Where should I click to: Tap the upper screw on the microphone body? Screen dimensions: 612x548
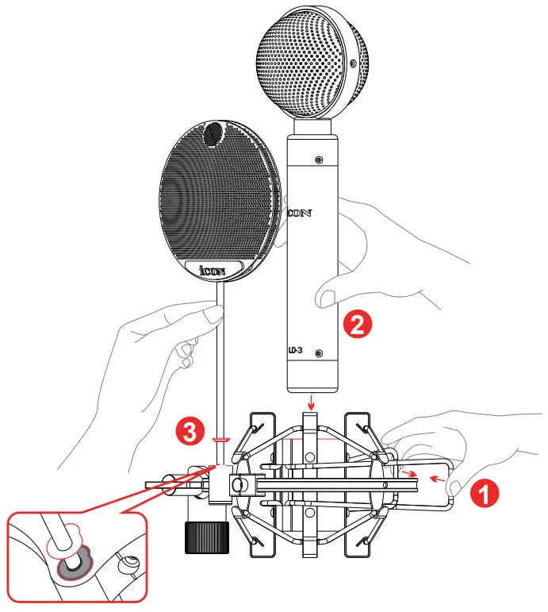coord(318,160)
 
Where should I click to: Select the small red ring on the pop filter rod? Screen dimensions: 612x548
coord(220,437)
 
